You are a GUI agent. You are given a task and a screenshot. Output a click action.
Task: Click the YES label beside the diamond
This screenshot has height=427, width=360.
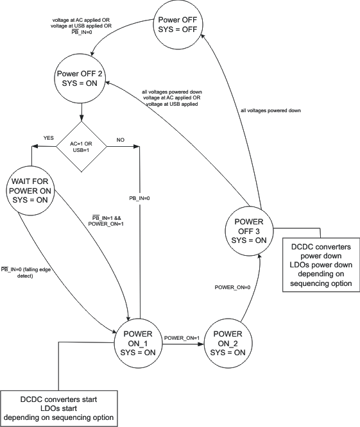pyautogui.click(x=49, y=138)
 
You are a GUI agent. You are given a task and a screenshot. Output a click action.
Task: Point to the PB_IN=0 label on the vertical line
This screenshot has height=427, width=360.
pyautogui.click(x=139, y=198)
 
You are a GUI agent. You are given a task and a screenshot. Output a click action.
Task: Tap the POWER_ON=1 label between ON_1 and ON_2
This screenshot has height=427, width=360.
pyautogui.click(x=182, y=338)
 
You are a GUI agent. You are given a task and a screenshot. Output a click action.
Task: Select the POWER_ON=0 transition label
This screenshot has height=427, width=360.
pyautogui.click(x=232, y=286)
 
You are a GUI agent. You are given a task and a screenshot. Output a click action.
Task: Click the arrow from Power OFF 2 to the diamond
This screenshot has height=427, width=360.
pyautogui.click(x=81, y=112)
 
